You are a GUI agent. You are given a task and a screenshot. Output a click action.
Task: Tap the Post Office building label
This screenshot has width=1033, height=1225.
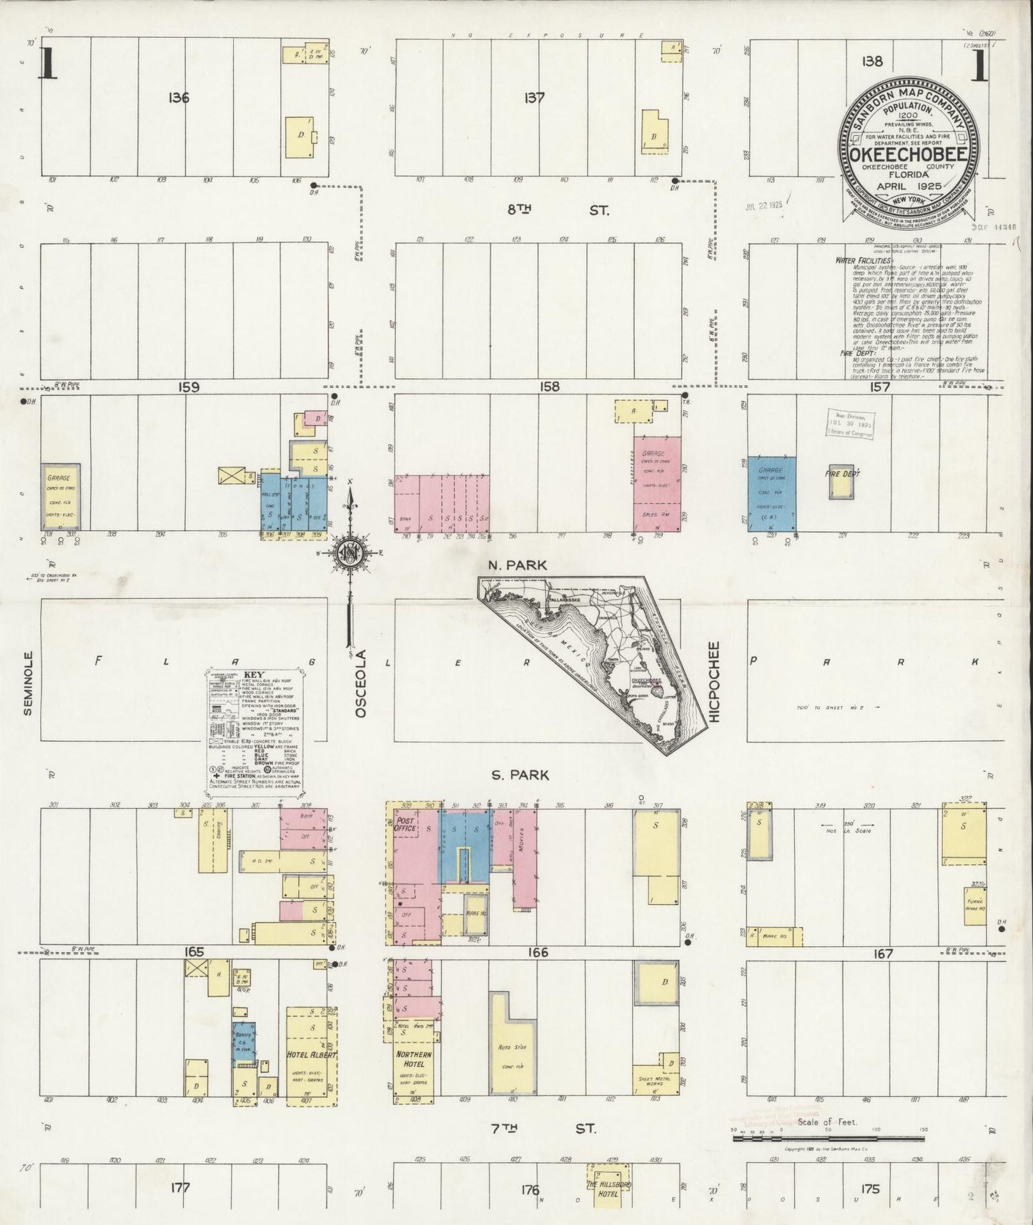405,827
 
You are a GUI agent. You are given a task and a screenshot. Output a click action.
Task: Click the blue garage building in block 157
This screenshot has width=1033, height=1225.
772,493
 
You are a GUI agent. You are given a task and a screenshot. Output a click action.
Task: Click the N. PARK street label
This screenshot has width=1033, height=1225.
517,565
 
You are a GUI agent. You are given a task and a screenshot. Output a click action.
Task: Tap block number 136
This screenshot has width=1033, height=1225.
179,98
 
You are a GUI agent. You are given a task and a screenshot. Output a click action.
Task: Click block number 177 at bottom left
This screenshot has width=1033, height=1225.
180,1188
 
